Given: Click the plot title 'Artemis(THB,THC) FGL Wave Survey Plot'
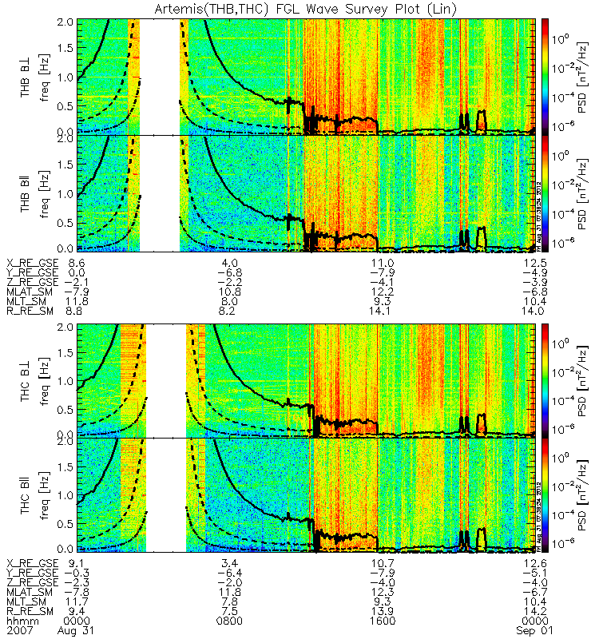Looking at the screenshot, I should pyautogui.click(x=300, y=9).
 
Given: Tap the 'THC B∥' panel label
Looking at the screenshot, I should pyautogui.click(x=26, y=495).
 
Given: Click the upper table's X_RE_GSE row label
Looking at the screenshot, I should pyautogui.click(x=32, y=263).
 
